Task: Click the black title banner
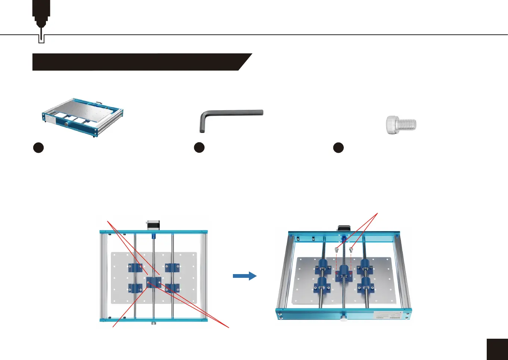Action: [x=138, y=62]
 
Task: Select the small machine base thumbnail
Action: [x=82, y=117]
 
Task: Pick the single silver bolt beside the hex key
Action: [x=401, y=125]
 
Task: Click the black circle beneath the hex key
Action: [x=199, y=148]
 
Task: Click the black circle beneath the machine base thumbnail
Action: [x=38, y=148]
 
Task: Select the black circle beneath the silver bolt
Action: [x=338, y=148]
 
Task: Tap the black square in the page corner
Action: [x=497, y=349]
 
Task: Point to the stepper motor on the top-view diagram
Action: [x=153, y=225]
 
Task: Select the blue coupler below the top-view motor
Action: [x=153, y=236]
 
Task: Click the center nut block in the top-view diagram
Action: [x=153, y=281]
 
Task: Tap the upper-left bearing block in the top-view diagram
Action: [x=135, y=267]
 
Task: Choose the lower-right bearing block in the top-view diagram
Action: [x=172, y=288]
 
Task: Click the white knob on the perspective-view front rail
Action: [x=343, y=318]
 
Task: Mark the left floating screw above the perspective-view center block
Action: [x=337, y=249]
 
